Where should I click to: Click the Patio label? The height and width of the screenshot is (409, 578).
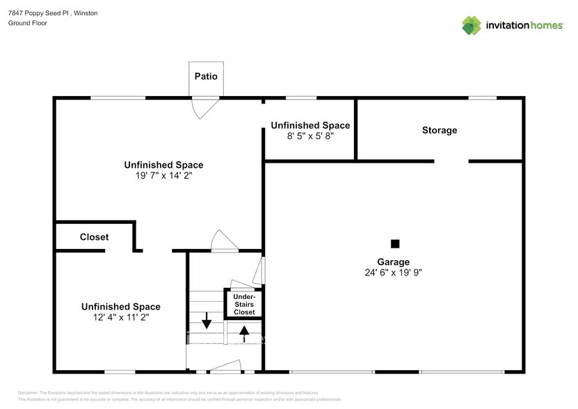pos(205,77)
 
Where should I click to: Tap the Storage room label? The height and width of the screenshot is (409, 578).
pos(440,130)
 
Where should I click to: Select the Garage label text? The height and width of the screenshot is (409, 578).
pos(393,262)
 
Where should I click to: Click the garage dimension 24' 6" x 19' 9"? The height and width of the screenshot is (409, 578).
pos(393,273)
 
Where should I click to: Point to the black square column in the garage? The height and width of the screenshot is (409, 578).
pos(395,243)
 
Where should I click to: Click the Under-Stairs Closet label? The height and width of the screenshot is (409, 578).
pos(243,305)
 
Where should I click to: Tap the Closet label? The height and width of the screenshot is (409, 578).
pos(94,237)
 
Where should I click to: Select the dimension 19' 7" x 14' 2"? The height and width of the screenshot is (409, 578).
pos(163,176)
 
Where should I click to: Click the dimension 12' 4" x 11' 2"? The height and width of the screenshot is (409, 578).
pos(120,317)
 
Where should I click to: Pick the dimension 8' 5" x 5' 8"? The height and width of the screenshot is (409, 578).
pos(310,136)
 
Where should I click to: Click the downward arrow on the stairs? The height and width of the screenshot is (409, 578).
pos(207,321)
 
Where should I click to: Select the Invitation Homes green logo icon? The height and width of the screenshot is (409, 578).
pos(472,25)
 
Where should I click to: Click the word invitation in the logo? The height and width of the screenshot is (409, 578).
pos(504,26)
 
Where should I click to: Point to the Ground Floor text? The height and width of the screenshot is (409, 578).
pos(27,23)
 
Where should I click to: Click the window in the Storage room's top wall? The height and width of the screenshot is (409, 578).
pos(477,98)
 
